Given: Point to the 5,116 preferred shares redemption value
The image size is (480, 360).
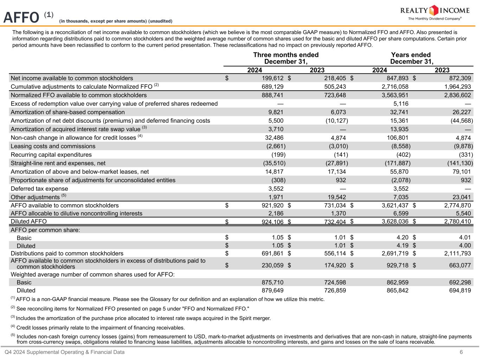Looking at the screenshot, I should click(401, 104).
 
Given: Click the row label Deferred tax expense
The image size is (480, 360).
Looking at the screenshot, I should click(39, 189).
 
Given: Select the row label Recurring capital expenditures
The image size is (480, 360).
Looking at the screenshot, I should click(51, 155).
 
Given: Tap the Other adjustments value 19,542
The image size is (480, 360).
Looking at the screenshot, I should click(335, 197).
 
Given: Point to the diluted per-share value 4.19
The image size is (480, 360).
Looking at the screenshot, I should click(402, 245).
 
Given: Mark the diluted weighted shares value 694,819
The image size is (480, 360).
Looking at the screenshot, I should click(459, 290).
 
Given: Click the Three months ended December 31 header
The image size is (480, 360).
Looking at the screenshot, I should click(286, 58).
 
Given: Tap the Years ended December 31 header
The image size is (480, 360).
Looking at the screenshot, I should click(411, 58).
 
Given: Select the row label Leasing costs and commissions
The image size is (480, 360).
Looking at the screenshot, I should click(53, 146).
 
